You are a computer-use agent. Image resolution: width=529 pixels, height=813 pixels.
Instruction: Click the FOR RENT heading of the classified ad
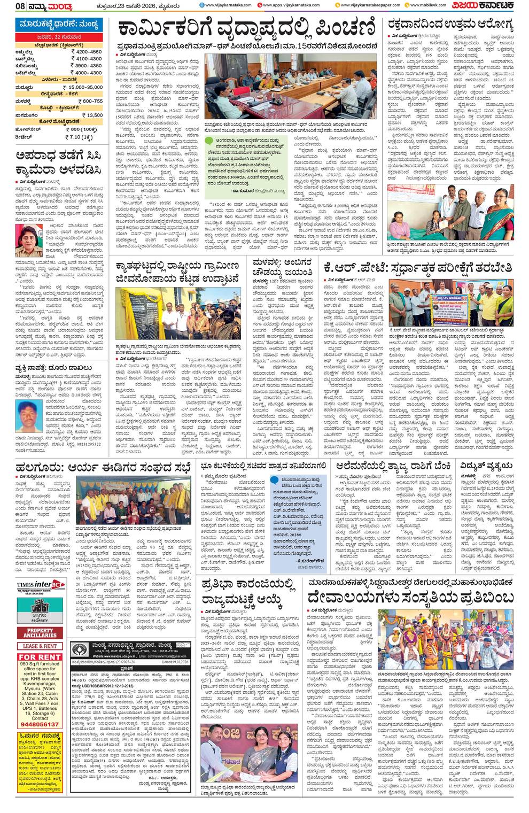41,657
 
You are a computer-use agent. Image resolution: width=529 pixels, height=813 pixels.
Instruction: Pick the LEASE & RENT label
41,646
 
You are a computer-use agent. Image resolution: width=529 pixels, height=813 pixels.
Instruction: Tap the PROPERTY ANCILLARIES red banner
41,633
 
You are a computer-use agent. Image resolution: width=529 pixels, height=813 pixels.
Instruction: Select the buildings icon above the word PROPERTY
40,607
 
